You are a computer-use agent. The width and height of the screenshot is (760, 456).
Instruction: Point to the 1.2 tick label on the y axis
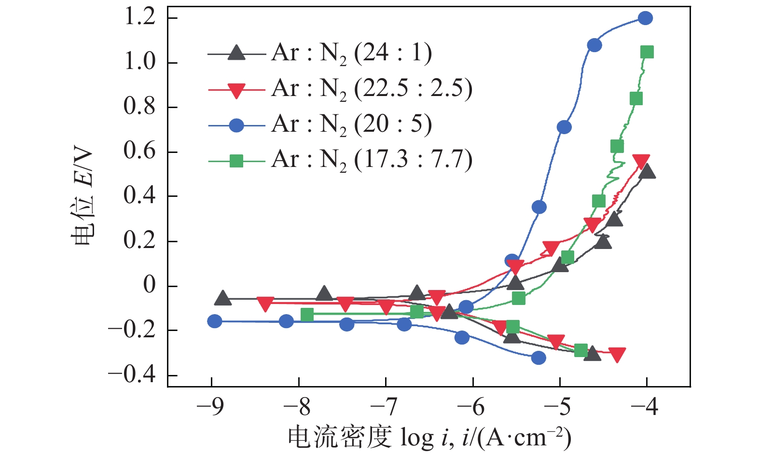tap(139, 18)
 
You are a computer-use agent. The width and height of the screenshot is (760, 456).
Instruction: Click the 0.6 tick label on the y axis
tap(139, 152)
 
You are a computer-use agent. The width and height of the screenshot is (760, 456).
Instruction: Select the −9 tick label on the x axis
tap(211, 408)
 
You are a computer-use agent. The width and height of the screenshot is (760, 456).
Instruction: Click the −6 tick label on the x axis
tap(472, 408)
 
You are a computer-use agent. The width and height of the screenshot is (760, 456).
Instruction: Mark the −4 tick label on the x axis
tap(646, 408)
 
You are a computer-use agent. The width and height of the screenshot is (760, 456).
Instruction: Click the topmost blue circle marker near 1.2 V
tap(645, 18)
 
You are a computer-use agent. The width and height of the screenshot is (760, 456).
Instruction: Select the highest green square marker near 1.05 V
tap(647, 52)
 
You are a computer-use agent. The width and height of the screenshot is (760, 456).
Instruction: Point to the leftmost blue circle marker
tap(215, 321)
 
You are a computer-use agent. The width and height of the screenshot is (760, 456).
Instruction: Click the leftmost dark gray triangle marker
tap(222, 298)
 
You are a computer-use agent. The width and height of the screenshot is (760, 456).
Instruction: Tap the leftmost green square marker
tap(307, 315)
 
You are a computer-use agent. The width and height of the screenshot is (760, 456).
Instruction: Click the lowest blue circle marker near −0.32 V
tap(539, 358)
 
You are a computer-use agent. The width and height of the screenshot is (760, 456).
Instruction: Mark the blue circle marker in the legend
tap(236, 125)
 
